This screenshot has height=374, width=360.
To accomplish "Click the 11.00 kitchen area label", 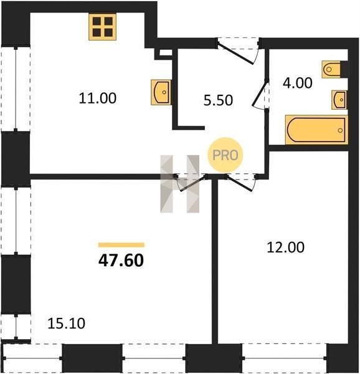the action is tap(97, 98).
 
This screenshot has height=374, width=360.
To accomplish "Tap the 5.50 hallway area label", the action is tap(218, 100).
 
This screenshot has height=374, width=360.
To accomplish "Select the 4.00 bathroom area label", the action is tap(298, 83).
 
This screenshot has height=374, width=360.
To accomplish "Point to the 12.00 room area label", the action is tap(285, 247).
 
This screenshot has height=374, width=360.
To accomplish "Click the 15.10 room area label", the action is tap(66, 324).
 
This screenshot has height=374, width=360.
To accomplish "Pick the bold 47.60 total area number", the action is tap(121, 260).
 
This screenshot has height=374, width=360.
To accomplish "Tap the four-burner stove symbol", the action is tap(102, 27).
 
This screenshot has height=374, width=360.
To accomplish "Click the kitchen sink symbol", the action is tap(161, 92).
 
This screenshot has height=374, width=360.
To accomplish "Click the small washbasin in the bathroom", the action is tap(339, 100).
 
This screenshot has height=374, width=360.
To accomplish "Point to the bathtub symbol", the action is tap(316, 130).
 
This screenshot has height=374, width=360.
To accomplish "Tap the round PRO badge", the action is tap(225, 155).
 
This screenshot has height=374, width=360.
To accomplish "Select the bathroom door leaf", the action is tap(260, 93).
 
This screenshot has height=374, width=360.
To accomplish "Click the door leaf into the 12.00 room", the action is tap(239, 183).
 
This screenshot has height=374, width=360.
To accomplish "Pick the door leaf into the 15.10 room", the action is tap(193, 183).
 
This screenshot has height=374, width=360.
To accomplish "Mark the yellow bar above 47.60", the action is tap(121, 245).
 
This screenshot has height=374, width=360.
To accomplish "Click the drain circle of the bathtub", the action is tap(341, 130).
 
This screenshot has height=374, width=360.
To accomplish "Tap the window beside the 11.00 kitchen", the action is tap(16, 89).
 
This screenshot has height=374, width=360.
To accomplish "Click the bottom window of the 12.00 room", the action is tap(285, 358).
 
